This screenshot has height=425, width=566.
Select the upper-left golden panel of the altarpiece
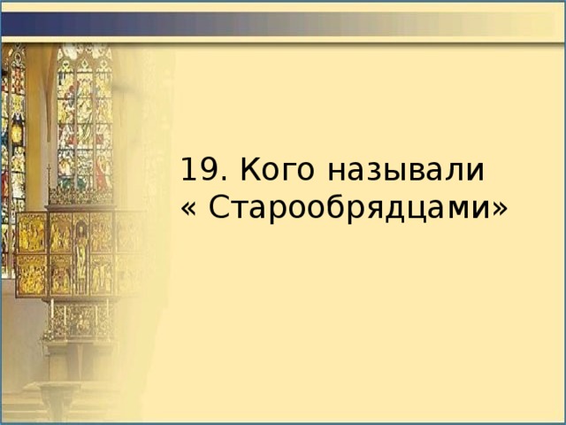(32, 232)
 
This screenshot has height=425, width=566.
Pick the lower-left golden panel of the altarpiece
(32, 274)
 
